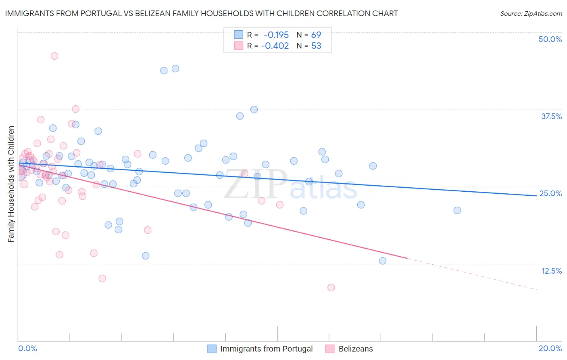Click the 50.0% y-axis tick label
[550, 39]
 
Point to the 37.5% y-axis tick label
[551, 116]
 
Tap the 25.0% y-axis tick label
[550, 193]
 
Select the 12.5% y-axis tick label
[551, 271]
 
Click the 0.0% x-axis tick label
[27, 348]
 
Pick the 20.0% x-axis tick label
[550, 348]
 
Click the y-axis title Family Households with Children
[11, 184]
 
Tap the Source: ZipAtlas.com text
[531, 13]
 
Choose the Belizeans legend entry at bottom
[355, 349]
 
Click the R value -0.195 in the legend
[276, 35]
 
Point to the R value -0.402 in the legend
[275, 46]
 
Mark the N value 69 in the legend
[316, 35]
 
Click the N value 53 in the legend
[316, 46]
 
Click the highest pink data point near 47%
[54, 56]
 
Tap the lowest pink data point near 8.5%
[331, 287]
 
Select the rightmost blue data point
[457, 210]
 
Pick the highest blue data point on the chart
[175, 69]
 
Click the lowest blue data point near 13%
[383, 261]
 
